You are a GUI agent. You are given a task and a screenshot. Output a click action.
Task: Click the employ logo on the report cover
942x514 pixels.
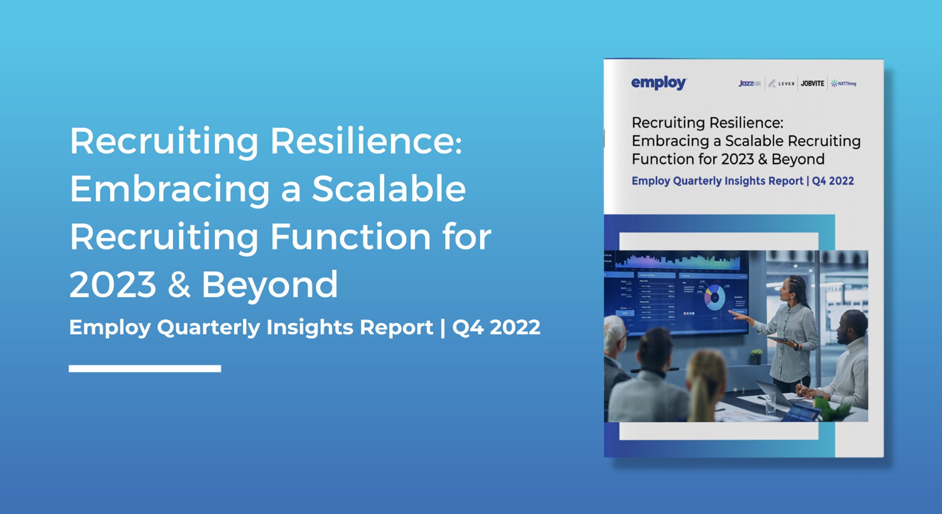point(659,83)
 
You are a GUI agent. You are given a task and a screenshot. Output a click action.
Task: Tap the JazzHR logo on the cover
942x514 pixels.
point(749,83)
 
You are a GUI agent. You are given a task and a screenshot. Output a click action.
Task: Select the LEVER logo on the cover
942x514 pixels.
point(782,83)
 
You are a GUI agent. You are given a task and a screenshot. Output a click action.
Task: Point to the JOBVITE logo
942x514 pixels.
point(812,83)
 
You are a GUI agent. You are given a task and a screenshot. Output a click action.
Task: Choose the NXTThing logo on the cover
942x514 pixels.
point(843,83)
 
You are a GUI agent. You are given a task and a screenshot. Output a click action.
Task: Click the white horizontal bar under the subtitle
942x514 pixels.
point(145,368)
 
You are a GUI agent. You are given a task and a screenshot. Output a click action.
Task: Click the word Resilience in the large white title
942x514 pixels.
point(366,142)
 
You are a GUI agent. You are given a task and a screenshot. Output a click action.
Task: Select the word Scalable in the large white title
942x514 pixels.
point(389,189)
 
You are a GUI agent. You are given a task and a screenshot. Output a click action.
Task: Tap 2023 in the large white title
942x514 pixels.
point(113,285)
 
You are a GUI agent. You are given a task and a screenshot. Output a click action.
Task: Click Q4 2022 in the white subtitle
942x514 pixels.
point(496,327)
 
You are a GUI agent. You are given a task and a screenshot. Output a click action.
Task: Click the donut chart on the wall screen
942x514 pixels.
point(715,298)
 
